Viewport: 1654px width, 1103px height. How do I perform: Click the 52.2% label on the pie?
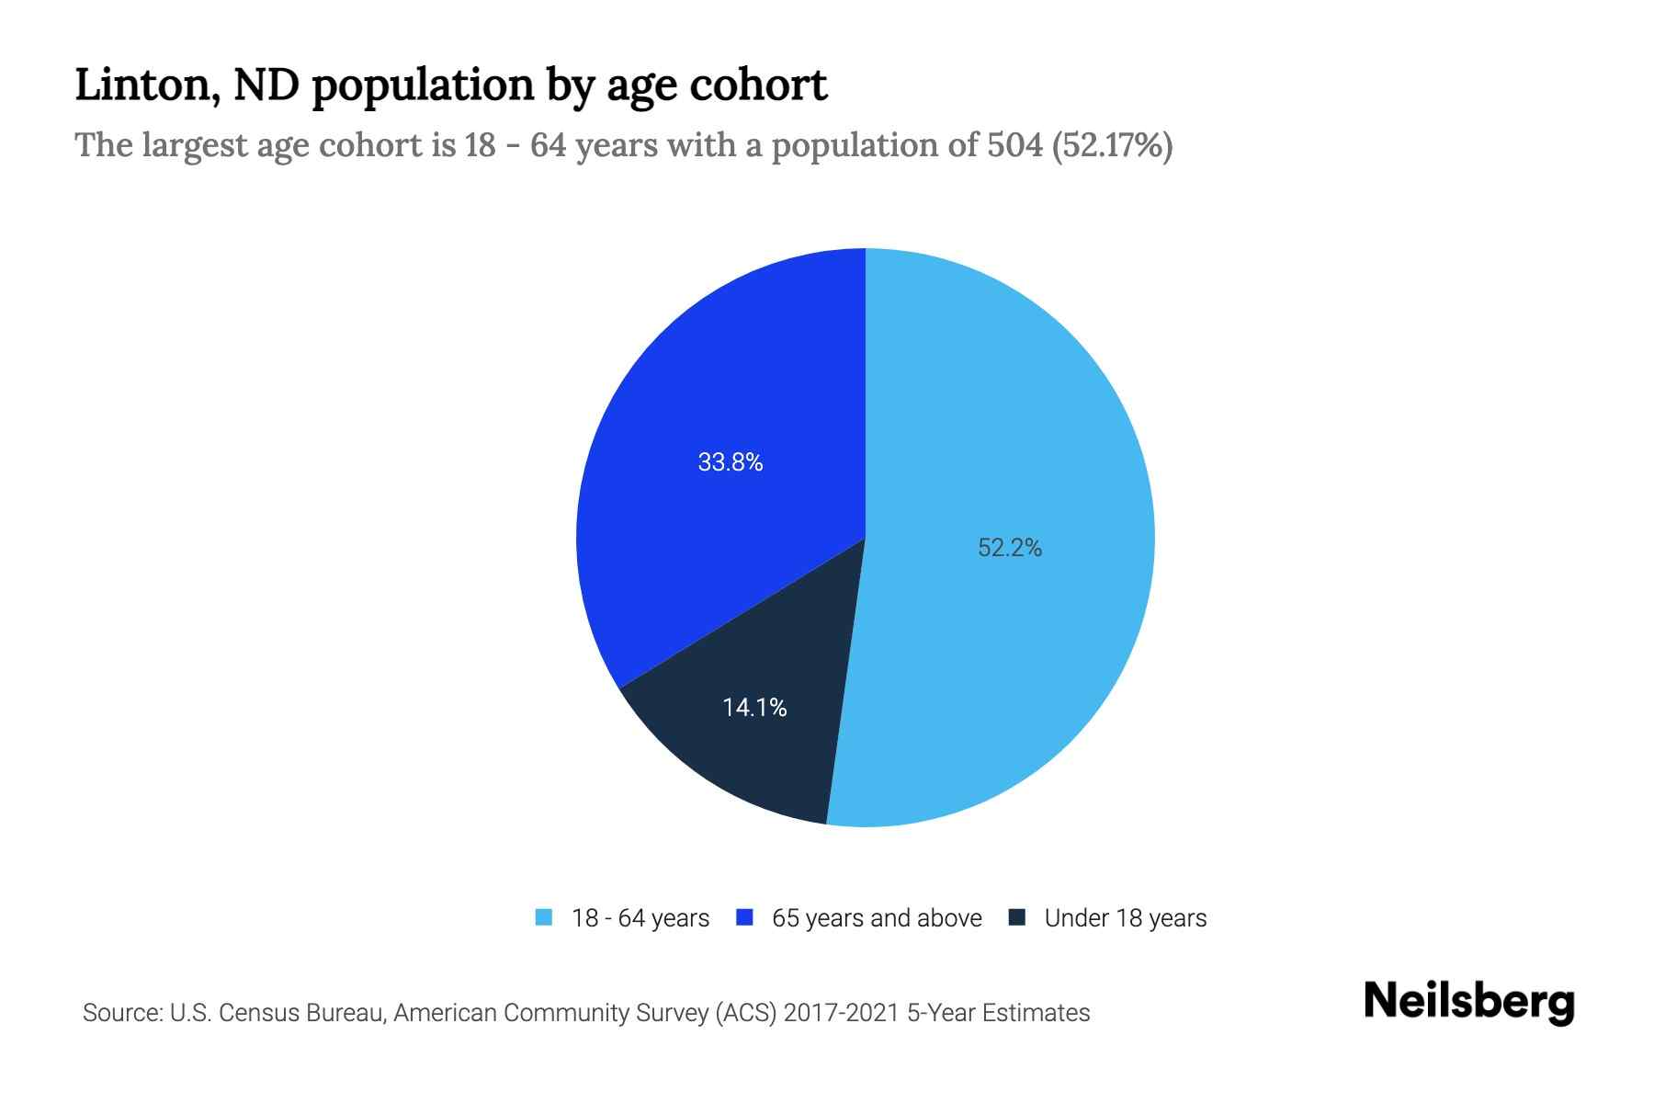pos(1009,548)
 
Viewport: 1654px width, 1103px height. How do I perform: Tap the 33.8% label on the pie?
pos(731,462)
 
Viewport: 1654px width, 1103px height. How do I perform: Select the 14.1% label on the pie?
pos(754,707)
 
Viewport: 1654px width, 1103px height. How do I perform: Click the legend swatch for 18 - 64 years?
pos(544,917)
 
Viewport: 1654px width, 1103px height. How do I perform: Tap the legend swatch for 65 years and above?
pos(745,917)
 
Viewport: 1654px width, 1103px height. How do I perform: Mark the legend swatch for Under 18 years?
pos(1017,917)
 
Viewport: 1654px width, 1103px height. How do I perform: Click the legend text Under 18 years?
pos(1125,918)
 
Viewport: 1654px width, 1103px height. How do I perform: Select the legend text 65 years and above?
pos(877,918)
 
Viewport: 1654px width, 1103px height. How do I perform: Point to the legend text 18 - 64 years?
pos(640,918)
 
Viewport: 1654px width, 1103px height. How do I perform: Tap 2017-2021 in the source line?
pos(841,1013)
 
